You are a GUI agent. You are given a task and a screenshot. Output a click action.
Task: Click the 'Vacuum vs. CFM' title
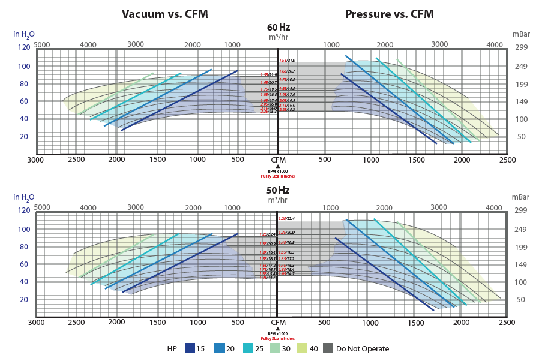pyautogui.click(x=165, y=13)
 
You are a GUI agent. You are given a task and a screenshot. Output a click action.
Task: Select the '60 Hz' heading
pyautogui.click(x=277, y=27)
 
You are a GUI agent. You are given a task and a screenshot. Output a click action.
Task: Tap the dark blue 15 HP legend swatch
pyautogui.click(x=190, y=348)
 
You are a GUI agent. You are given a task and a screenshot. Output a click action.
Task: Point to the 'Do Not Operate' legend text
pyautogui.click(x=363, y=348)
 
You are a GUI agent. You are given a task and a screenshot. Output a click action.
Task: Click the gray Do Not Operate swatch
pyautogui.click(x=328, y=348)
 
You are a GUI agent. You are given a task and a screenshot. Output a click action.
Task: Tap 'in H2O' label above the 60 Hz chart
pyautogui.click(x=25, y=34)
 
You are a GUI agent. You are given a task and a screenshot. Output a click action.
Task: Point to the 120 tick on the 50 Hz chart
pyautogui.click(x=24, y=210)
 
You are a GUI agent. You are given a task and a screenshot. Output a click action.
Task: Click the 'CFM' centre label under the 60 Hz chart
pyautogui.click(x=278, y=160)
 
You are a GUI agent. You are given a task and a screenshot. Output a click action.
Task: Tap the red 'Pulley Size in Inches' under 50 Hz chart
pyautogui.click(x=278, y=339)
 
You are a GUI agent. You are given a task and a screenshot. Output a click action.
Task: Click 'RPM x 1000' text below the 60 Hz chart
pyautogui.click(x=278, y=172)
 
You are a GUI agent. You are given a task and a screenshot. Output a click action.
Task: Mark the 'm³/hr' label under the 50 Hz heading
pyautogui.click(x=277, y=200)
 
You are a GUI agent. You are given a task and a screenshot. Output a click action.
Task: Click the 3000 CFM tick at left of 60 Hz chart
pyautogui.click(x=35, y=160)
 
